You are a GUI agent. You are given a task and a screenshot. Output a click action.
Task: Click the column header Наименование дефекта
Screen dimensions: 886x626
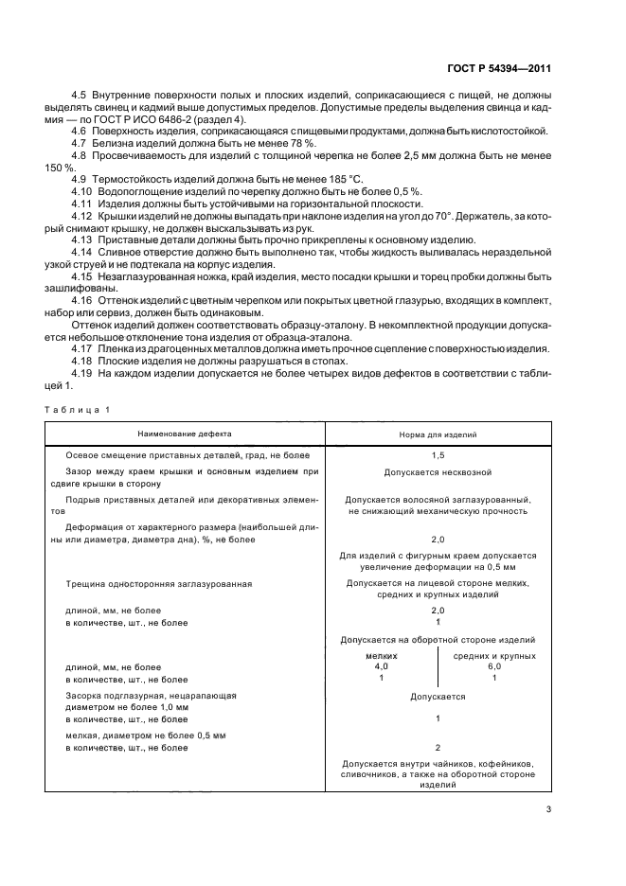click(x=184, y=434)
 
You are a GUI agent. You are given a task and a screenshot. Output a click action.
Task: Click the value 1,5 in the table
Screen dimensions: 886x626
click(x=438, y=455)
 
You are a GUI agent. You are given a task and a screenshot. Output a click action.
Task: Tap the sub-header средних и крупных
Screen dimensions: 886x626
click(x=494, y=655)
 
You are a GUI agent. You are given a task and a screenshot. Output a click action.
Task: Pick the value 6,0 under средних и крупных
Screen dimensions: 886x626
click(x=494, y=666)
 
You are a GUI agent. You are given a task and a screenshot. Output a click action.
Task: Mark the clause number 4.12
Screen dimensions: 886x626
click(x=83, y=216)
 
